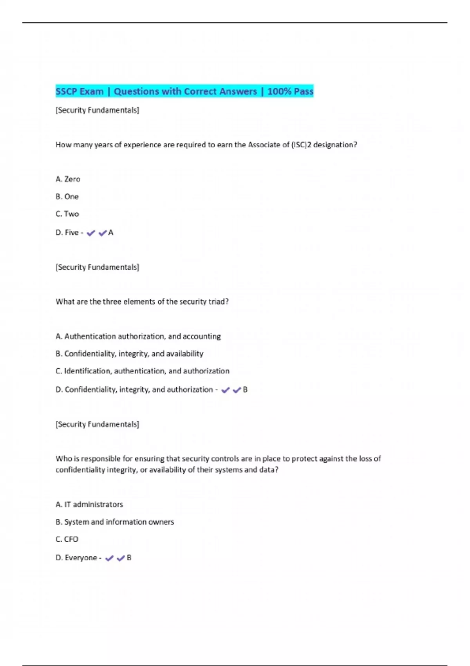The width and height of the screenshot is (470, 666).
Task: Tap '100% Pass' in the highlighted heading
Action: tap(290, 92)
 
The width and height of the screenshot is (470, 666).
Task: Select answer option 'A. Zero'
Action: tap(68, 179)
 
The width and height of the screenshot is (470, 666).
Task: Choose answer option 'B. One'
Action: tap(67, 197)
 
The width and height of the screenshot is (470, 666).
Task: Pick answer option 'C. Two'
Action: tap(67, 214)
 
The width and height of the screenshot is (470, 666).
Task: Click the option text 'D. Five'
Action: tap(67, 233)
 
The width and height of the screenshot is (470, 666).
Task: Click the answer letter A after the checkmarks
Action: tap(111, 233)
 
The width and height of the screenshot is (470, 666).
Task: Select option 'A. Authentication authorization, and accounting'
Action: tap(138, 336)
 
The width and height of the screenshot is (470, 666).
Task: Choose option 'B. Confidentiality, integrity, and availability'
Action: tap(130, 354)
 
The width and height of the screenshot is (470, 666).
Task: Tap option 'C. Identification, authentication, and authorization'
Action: tap(143, 371)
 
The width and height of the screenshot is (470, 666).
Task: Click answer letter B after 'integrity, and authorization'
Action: tap(245, 390)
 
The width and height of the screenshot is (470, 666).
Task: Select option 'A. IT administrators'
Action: tap(89, 505)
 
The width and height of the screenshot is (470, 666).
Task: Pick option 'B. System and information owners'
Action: tap(115, 522)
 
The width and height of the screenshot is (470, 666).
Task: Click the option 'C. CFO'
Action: tap(67, 539)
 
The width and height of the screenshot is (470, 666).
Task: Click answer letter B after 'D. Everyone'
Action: tap(129, 558)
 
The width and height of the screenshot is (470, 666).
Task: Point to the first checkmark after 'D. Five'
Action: tap(91, 233)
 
